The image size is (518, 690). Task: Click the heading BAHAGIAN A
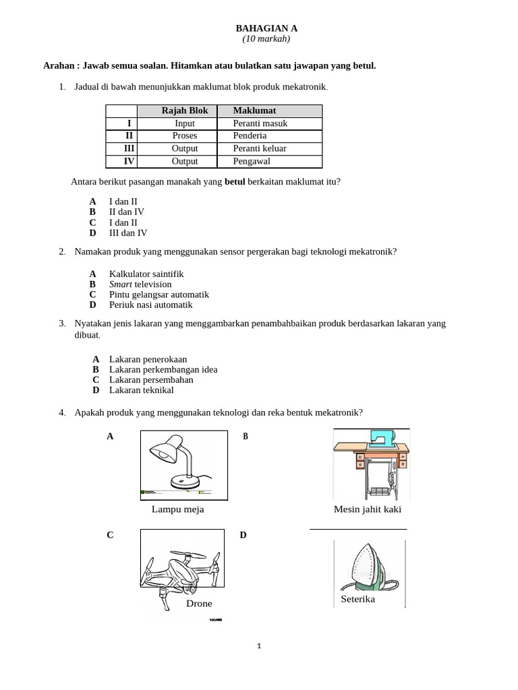[x=266, y=28]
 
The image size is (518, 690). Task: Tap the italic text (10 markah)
[x=266, y=39]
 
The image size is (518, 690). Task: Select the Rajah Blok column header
[x=185, y=111]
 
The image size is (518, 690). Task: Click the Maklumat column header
[x=254, y=111]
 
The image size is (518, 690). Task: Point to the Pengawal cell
[x=252, y=162]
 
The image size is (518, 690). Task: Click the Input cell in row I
[x=185, y=123]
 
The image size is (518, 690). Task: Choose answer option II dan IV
[x=127, y=212]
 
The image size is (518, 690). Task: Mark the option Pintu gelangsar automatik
[x=159, y=294]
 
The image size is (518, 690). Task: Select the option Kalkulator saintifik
[x=146, y=274]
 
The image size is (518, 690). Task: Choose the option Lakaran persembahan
[x=151, y=380]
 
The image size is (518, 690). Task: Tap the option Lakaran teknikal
[x=141, y=390]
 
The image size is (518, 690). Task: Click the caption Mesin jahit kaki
[x=368, y=509]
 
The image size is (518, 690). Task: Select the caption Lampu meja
[x=177, y=509]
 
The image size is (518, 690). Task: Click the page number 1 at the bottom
[x=260, y=646]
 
